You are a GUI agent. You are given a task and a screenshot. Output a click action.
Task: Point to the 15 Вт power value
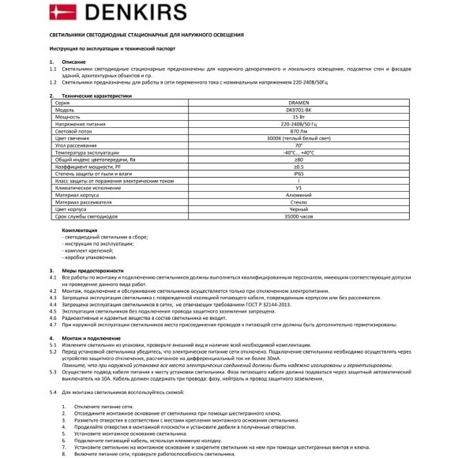pyautogui.click(x=298, y=117)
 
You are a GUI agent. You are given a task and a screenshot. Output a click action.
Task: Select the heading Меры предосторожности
pyautogui.click(x=89, y=269)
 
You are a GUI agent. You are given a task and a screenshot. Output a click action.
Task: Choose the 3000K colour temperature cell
pyautogui.click(x=298, y=137)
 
